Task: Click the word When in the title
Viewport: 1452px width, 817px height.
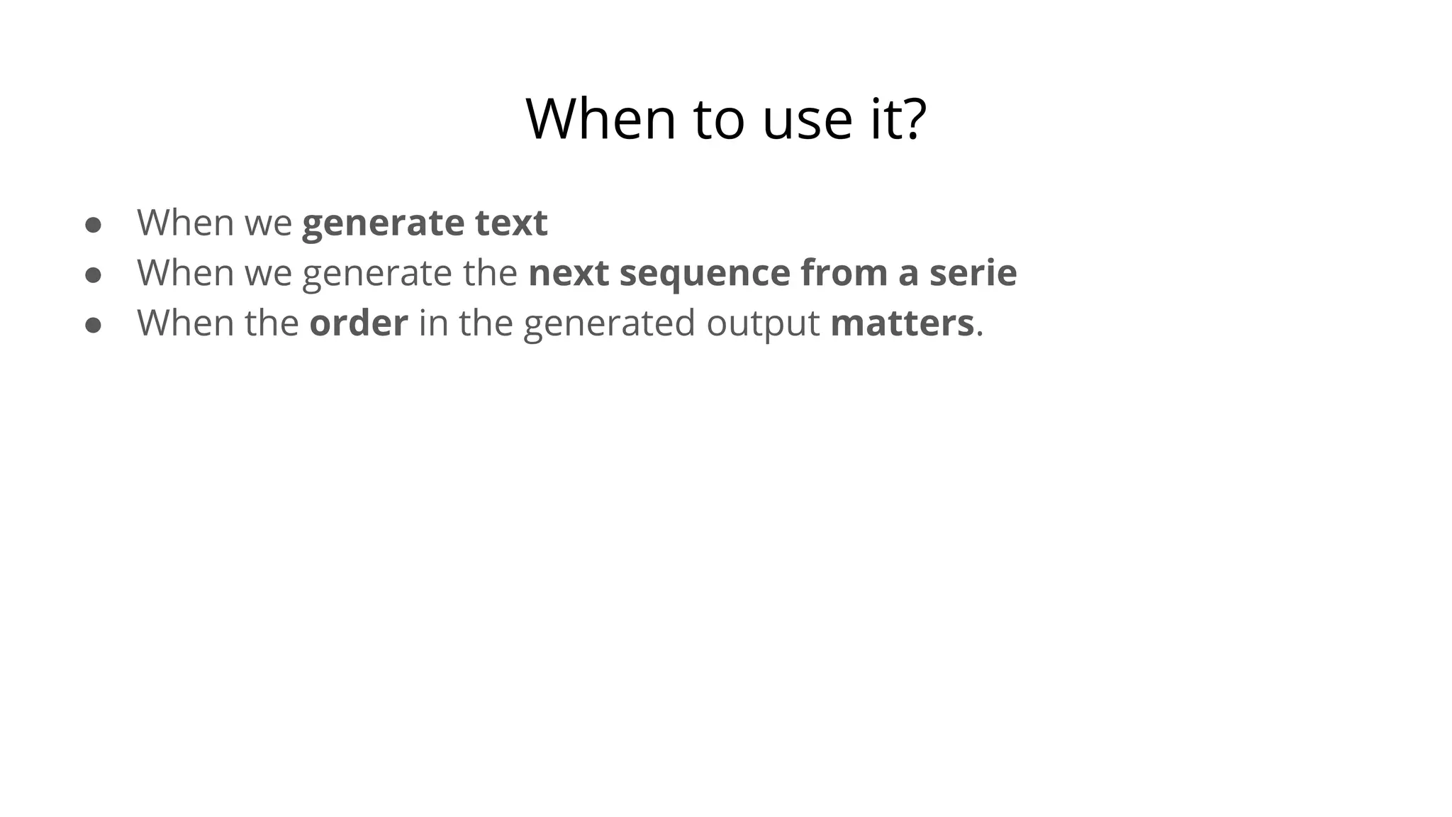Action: (x=601, y=119)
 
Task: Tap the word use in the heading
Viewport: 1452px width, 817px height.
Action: (x=807, y=119)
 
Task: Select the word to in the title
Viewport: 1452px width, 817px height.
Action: (x=719, y=119)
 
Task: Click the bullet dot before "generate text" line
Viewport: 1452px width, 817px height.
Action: (x=93, y=225)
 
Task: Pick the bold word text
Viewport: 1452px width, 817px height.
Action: (x=511, y=223)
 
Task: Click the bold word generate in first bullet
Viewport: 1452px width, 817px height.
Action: (x=383, y=224)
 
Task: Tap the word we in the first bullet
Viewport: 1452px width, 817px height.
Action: (x=268, y=224)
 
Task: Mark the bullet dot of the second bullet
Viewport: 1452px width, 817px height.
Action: (x=93, y=275)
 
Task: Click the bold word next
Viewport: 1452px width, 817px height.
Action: (x=569, y=273)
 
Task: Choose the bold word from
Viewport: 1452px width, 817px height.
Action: (x=844, y=273)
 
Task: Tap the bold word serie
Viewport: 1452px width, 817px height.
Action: (x=973, y=273)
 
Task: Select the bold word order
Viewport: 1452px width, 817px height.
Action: (x=359, y=323)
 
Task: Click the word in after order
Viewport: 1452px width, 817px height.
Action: (x=433, y=323)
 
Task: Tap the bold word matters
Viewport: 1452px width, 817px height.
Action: (x=902, y=323)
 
